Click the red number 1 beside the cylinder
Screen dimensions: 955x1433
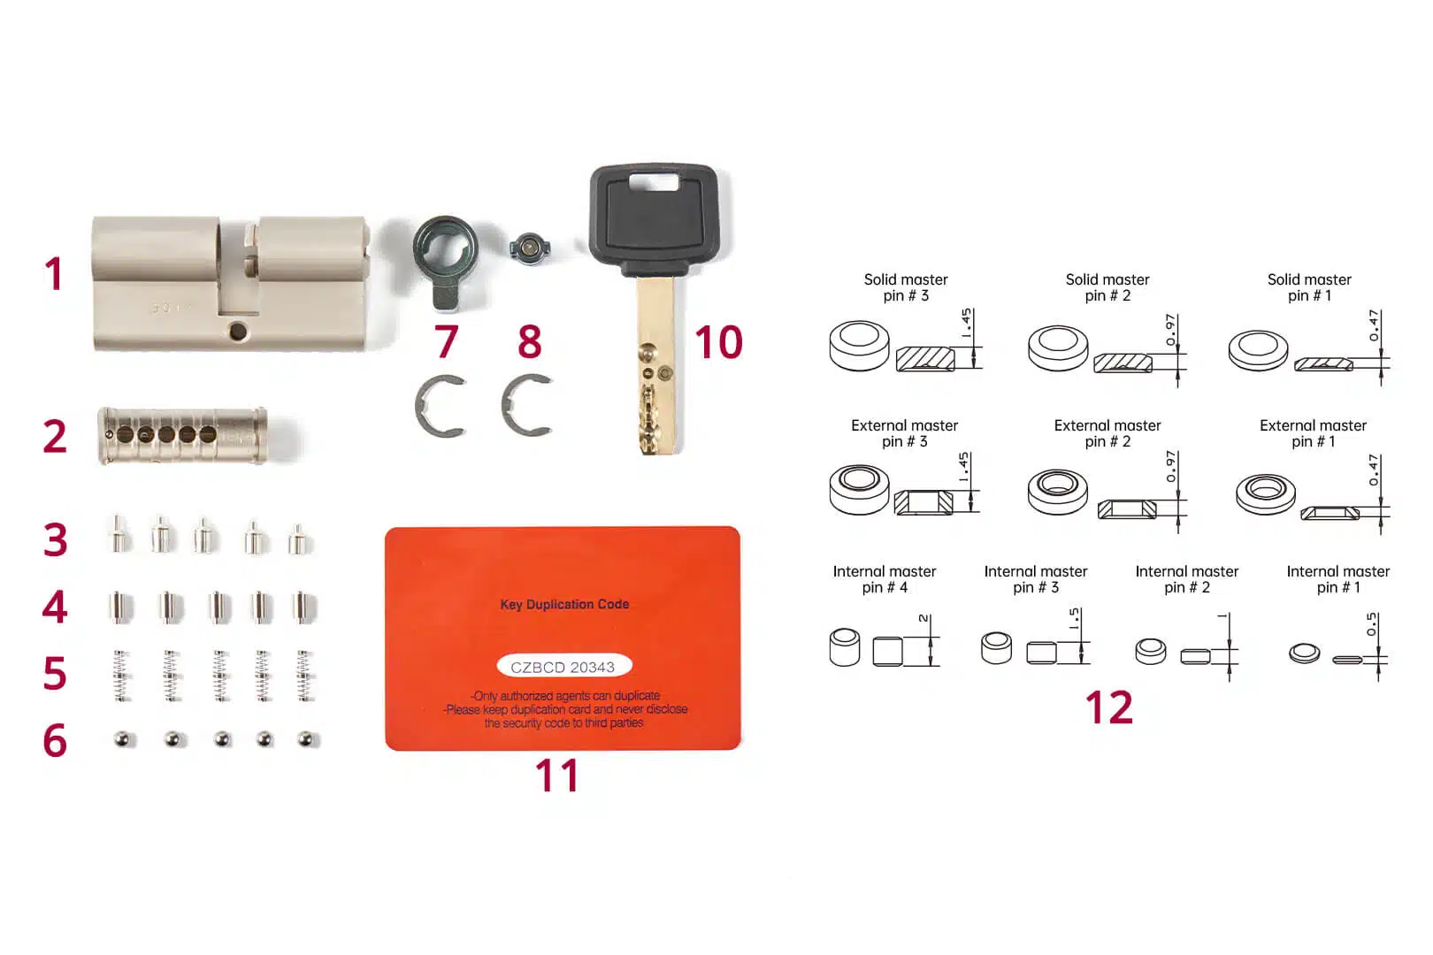pyautogui.click(x=54, y=274)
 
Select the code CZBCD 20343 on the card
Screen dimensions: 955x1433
pyautogui.click(x=563, y=667)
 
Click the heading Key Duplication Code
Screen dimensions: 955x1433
pyautogui.click(x=564, y=605)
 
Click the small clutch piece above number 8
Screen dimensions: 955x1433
pyautogui.click(x=529, y=248)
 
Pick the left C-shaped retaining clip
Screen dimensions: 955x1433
pyautogui.click(x=440, y=406)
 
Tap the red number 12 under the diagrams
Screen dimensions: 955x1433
pyautogui.click(x=1108, y=707)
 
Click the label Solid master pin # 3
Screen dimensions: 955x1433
pyautogui.click(x=905, y=287)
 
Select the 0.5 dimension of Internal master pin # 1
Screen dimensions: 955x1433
pyautogui.click(x=1371, y=624)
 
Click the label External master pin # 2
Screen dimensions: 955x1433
pyautogui.click(x=1107, y=433)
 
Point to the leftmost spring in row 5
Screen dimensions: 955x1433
pyautogui.click(x=121, y=676)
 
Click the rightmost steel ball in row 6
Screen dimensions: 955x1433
pyautogui.click(x=306, y=739)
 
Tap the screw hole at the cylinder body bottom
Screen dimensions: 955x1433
pyautogui.click(x=237, y=332)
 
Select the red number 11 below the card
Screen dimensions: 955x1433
pyautogui.click(x=556, y=775)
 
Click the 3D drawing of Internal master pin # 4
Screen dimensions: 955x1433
pyautogui.click(x=845, y=646)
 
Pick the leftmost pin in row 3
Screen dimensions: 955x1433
pyautogui.click(x=118, y=536)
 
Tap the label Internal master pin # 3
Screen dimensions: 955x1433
pyautogui.click(x=1035, y=579)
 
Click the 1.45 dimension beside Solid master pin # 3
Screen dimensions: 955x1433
pyautogui.click(x=966, y=323)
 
